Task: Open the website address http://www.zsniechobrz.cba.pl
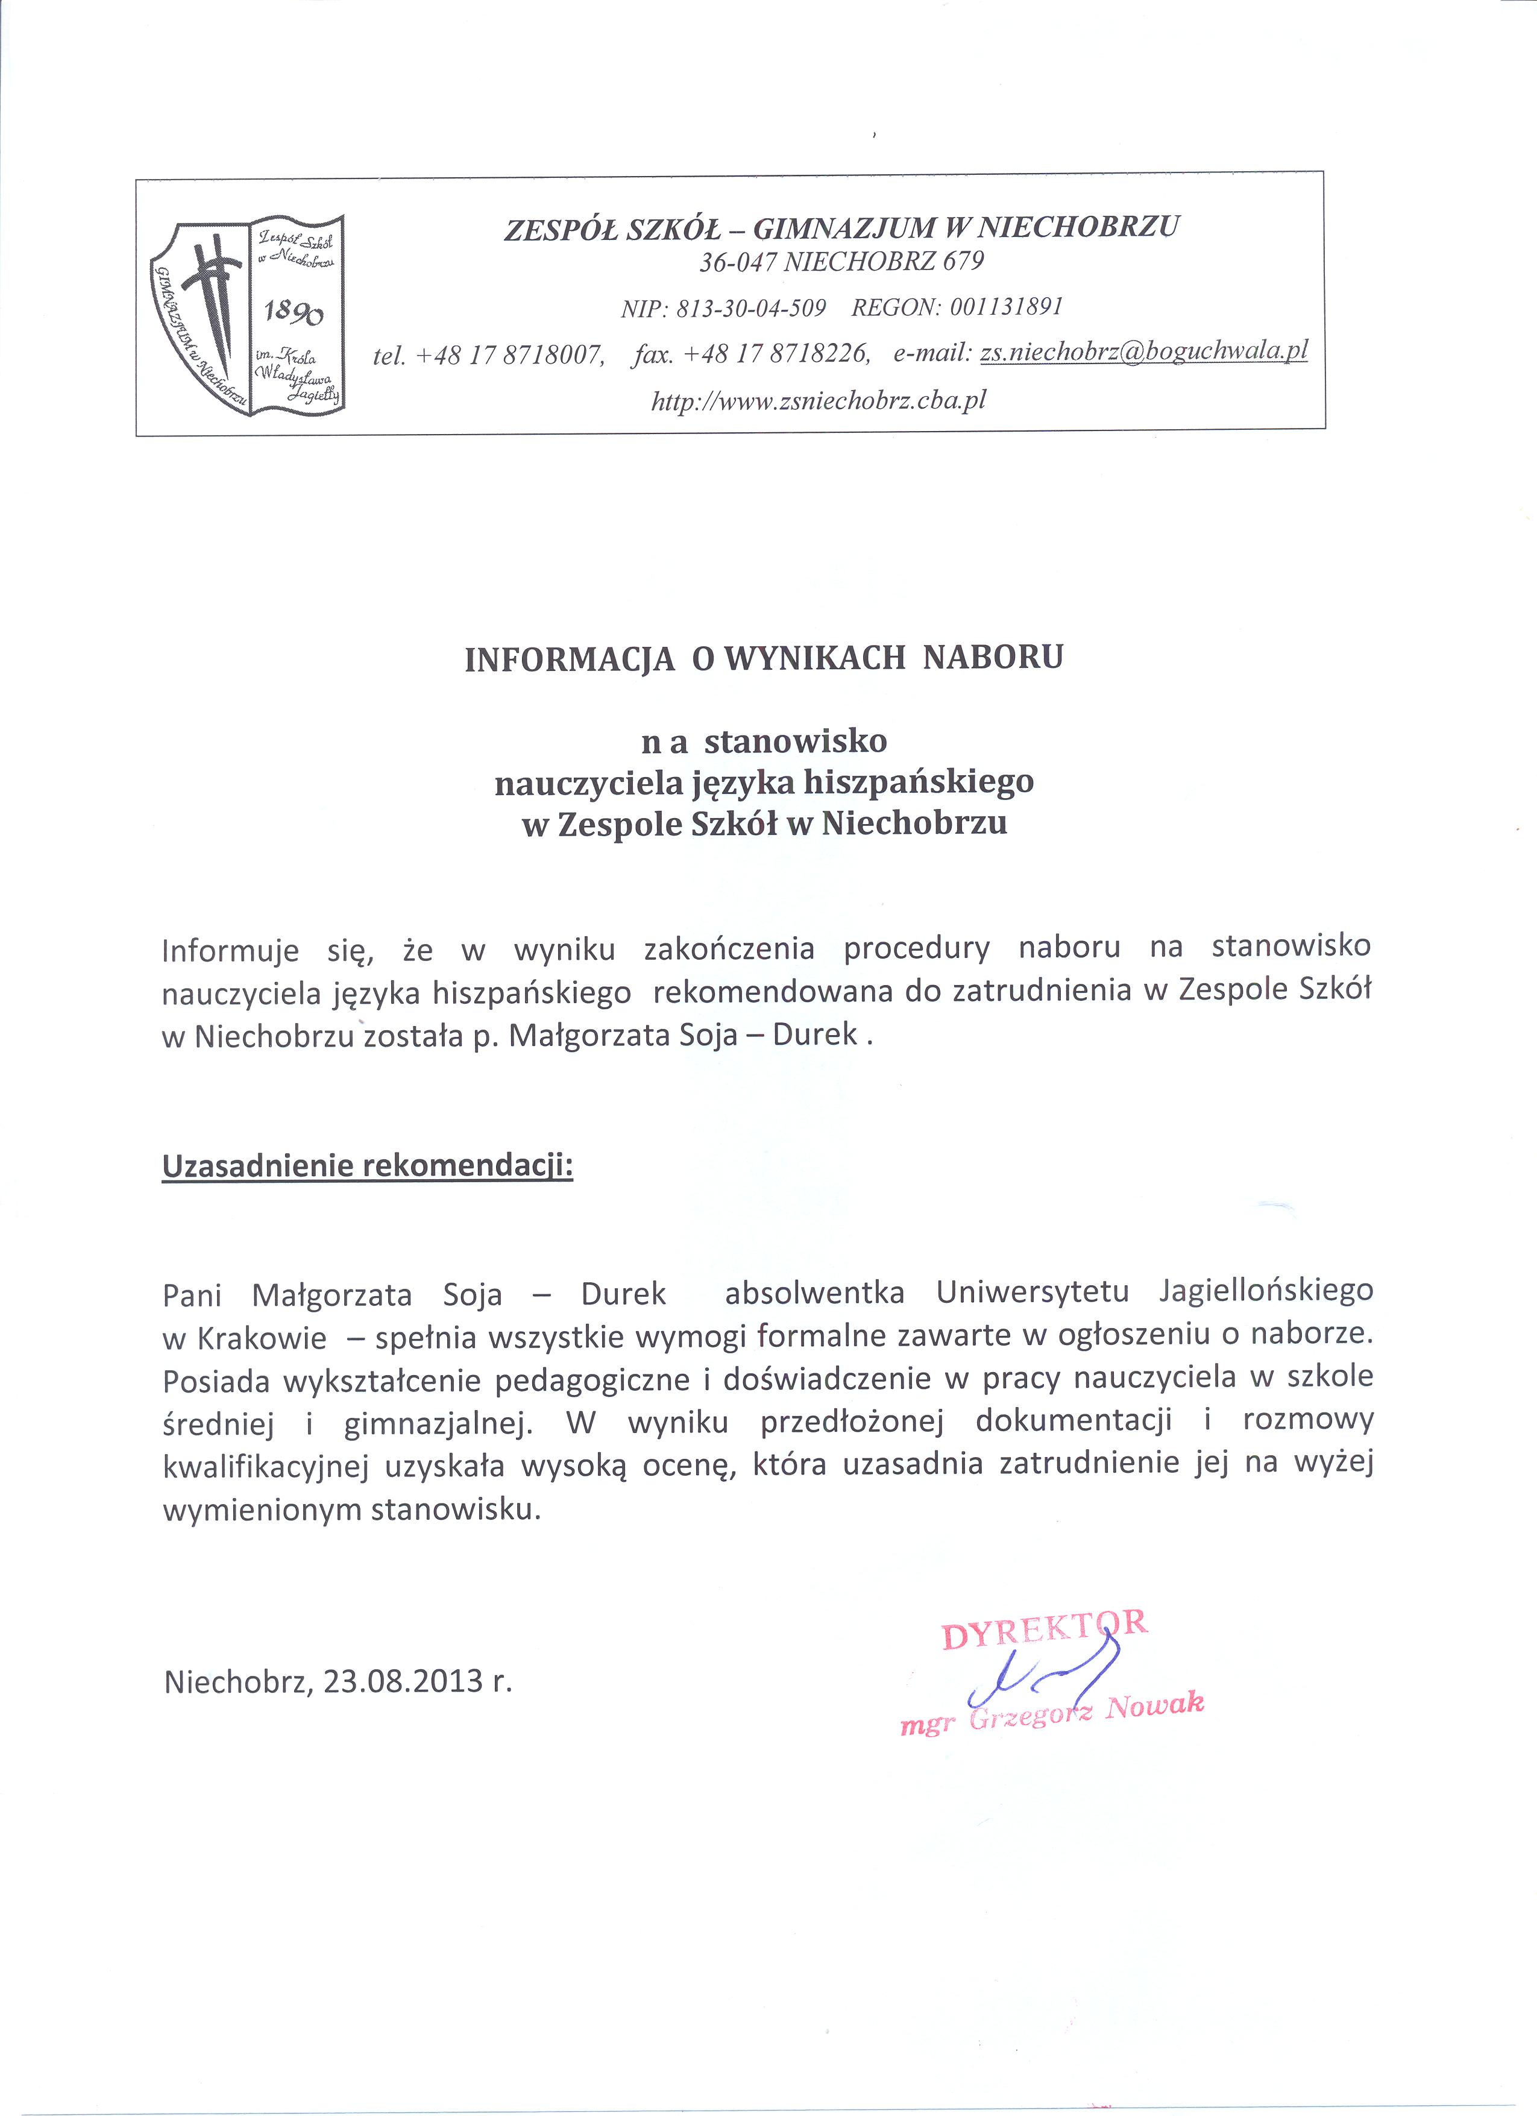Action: click(x=818, y=400)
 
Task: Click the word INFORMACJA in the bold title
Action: click(x=569, y=660)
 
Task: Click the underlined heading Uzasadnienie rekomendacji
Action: click(x=368, y=1167)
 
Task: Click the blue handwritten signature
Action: click(x=1045, y=1675)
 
